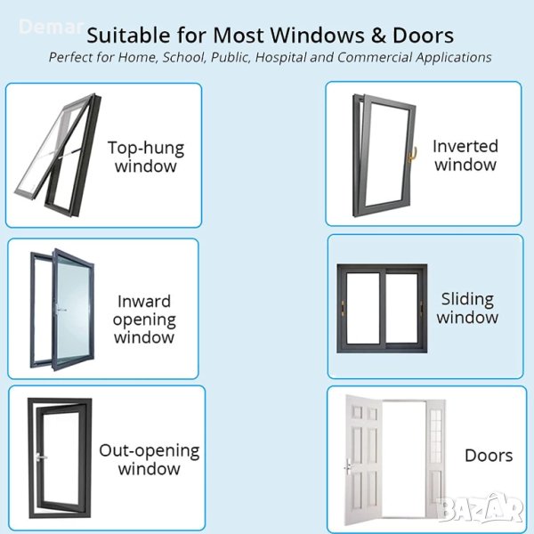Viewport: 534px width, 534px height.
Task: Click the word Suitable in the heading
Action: point(128,35)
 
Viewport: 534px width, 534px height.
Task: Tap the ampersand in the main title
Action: point(378,36)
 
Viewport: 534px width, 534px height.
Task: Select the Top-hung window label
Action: point(146,157)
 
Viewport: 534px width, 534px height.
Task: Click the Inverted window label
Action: point(465,155)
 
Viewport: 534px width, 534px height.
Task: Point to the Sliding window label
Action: point(467,308)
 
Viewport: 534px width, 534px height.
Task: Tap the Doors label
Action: point(489,456)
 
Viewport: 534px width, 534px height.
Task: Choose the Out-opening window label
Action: point(150,459)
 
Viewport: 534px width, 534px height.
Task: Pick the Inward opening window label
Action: point(144,320)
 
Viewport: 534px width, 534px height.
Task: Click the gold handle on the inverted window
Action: point(412,154)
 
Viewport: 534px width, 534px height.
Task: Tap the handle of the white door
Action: point(347,466)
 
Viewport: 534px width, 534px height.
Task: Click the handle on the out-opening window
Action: point(39,457)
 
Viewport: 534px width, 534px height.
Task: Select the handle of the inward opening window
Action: point(60,309)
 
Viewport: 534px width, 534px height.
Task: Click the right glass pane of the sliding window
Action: point(402,308)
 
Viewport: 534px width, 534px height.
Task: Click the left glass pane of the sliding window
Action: point(363,308)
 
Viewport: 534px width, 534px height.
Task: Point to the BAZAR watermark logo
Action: point(481,508)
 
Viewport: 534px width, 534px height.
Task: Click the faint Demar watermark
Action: point(52,27)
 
